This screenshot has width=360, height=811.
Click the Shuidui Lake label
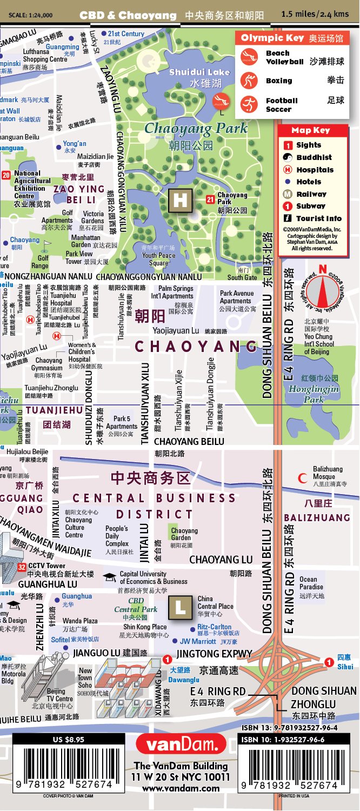pos(199,72)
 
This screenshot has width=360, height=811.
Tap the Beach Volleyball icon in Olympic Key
pos(249,57)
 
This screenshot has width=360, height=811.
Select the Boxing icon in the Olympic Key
pos(249,81)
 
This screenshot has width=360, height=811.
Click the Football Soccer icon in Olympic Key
pos(249,104)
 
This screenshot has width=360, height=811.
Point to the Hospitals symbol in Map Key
pos(288,170)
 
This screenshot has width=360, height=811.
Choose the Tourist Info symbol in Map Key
pos(288,218)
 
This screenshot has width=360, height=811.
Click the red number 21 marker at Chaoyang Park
pos(210,200)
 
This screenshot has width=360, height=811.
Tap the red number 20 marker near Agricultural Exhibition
pos(6,175)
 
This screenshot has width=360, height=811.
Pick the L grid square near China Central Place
pos(181,607)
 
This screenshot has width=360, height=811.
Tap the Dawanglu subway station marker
pos(168,659)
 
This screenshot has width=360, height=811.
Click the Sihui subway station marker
pos(329,662)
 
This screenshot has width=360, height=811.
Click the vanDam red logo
pos(181,744)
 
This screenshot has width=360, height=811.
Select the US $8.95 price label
pos(68,740)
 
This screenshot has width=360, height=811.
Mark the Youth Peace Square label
pos(159,259)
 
